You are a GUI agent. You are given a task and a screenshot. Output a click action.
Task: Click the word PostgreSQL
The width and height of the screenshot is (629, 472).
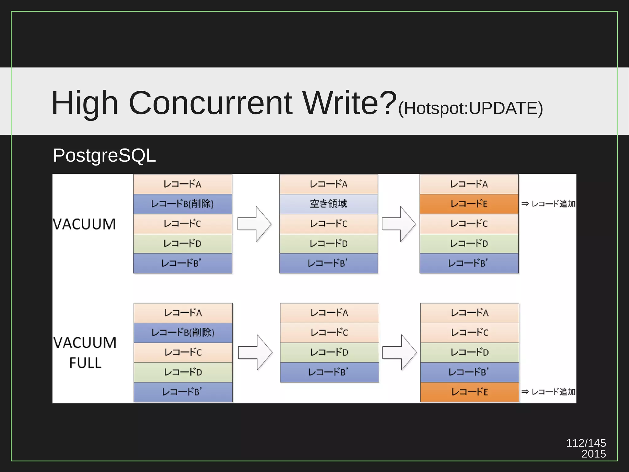click(x=104, y=156)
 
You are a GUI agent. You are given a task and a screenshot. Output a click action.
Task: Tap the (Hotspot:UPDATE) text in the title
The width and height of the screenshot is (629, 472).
click(x=471, y=108)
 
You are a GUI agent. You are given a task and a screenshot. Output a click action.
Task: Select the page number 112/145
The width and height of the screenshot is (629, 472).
click(x=586, y=443)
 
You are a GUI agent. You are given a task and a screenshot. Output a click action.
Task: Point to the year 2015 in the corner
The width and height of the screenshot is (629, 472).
click(x=593, y=454)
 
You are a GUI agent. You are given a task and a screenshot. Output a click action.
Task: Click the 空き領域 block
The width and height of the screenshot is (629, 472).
click(x=329, y=204)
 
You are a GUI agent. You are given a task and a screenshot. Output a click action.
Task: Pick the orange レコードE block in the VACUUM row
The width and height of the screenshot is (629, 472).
click(x=469, y=204)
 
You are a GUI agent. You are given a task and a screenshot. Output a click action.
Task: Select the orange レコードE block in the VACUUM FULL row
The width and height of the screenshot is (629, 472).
click(x=470, y=392)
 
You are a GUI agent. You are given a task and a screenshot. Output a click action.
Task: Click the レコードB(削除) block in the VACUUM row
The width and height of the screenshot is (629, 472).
click(x=182, y=204)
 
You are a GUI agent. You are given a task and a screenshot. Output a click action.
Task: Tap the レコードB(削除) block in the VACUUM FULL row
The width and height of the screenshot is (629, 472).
click(x=183, y=332)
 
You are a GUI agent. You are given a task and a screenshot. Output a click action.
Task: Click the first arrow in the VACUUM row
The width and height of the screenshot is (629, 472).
click(x=255, y=224)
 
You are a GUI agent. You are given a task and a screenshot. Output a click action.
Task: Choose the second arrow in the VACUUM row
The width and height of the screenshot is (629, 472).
click(x=399, y=224)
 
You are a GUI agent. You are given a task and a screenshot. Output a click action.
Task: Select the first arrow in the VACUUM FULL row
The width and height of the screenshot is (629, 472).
click(x=255, y=352)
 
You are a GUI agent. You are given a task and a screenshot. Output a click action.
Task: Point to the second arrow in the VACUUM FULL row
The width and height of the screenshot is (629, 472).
click(x=399, y=352)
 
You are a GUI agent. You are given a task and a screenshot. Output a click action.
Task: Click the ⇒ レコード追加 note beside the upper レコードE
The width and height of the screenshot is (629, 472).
click(x=549, y=204)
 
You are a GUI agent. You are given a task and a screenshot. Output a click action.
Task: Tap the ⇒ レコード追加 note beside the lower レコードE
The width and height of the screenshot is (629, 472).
click(x=549, y=392)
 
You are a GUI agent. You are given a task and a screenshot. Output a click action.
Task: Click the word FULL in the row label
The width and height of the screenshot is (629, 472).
click(x=85, y=363)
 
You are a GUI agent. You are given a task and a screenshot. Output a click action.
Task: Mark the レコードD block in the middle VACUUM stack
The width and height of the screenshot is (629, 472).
click(x=329, y=244)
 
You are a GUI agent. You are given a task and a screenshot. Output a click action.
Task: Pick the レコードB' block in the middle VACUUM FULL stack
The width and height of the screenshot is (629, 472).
click(x=329, y=372)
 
